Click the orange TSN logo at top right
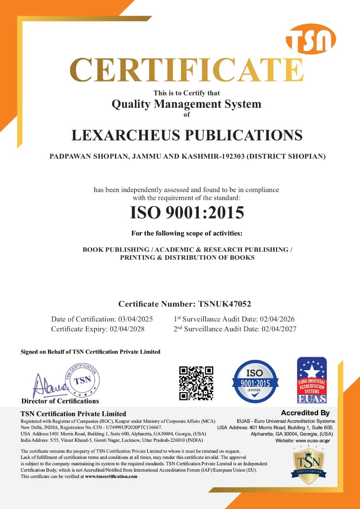click(x=311, y=39)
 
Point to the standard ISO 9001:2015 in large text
click(x=187, y=212)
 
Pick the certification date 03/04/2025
click(x=135, y=319)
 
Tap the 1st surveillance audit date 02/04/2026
click(x=277, y=319)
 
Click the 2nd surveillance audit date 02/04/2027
click(x=278, y=329)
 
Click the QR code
click(x=196, y=383)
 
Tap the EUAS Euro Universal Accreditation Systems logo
click(x=312, y=380)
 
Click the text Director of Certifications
click(x=60, y=401)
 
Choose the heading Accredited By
click(x=305, y=413)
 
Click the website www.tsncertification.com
click(x=111, y=476)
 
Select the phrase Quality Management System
click(x=187, y=104)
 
